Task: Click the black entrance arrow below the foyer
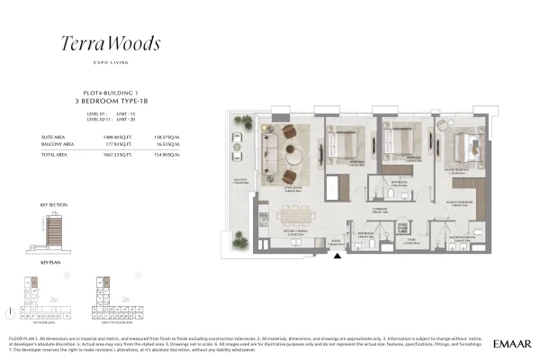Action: coord(337,256)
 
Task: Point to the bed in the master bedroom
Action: coord(467,148)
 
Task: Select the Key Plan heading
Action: coord(49,263)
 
